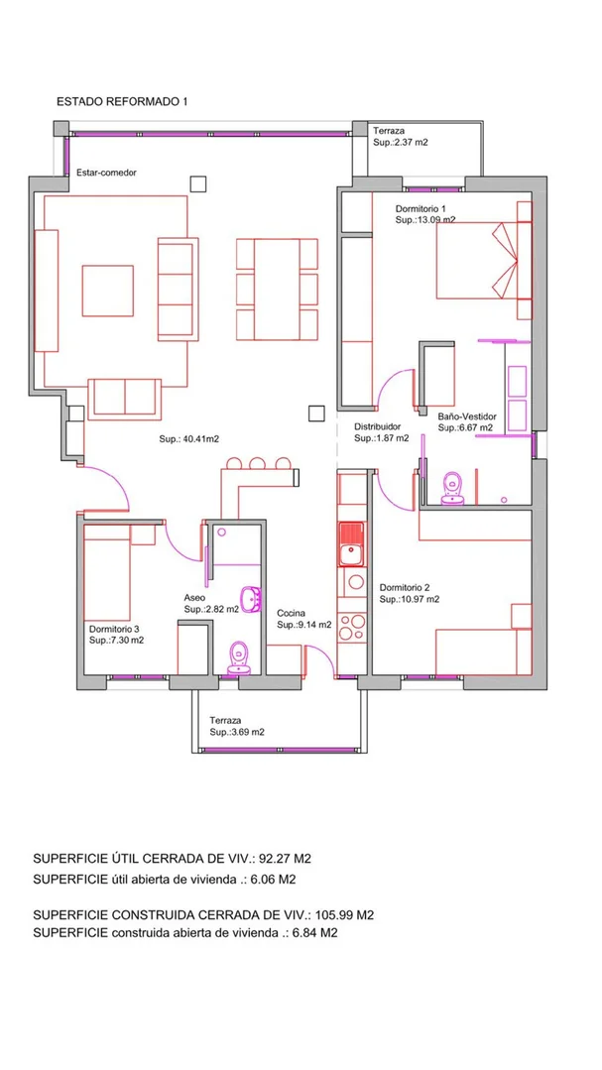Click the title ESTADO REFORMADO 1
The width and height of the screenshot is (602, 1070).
pos(122,102)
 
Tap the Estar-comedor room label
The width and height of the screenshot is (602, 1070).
pos(106,173)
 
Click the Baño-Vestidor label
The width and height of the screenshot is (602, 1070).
pos(467,416)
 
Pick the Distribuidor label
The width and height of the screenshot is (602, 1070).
pos(378,427)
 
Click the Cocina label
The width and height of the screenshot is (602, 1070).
pos(291,613)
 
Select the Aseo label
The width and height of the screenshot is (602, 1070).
pos(194,597)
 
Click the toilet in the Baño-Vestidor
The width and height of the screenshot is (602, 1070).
pos(452,489)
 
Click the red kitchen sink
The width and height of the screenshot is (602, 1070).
pos(352,543)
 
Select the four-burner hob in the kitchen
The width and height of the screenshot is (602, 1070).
pos(352,628)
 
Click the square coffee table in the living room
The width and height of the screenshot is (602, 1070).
pos(108,291)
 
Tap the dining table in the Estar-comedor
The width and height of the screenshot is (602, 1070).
pos(277,289)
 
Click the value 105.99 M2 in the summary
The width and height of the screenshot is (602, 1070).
pos(345,914)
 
